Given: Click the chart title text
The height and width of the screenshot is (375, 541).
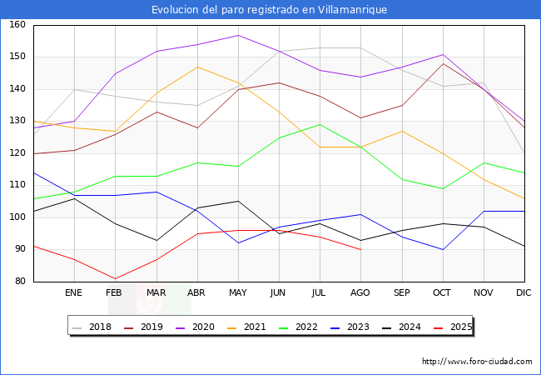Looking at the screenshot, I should tap(270, 9).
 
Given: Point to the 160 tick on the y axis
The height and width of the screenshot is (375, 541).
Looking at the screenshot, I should tap(17, 25).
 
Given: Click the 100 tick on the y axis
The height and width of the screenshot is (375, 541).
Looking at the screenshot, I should tap(17, 217).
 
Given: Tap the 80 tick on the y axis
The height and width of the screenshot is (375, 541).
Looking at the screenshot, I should tap(19, 282).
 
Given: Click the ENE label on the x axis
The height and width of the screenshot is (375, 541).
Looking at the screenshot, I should tap(74, 292).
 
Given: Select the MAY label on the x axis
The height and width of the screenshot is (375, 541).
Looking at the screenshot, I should tap(238, 292).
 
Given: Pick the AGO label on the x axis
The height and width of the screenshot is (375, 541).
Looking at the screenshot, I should tap(360, 292).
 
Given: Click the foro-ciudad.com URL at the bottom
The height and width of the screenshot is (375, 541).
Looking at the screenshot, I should tap(477, 362).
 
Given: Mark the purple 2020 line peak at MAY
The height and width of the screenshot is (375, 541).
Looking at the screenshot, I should tap(238, 35).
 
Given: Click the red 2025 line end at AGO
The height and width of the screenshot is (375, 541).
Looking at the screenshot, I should tap(360, 249).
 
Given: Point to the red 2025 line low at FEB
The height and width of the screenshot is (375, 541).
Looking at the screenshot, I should tap(115, 278).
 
